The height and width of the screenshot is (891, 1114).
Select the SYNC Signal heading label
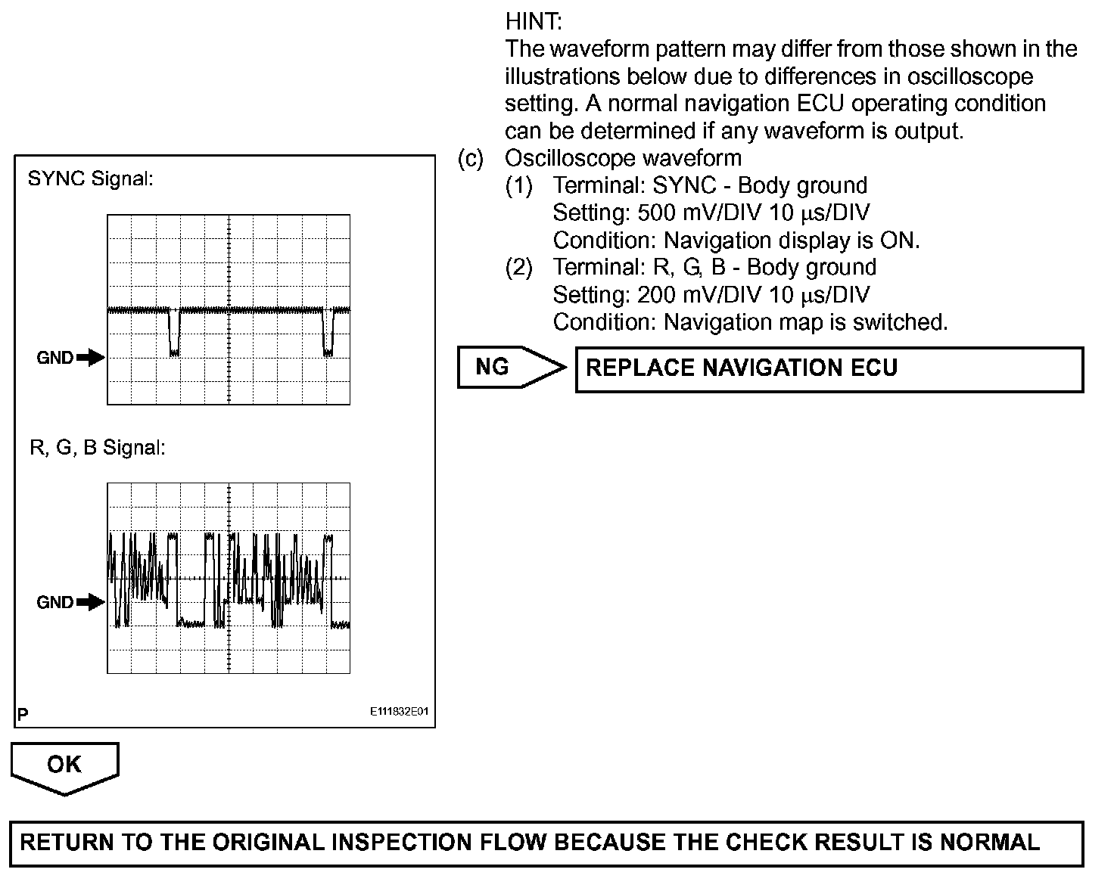(90, 179)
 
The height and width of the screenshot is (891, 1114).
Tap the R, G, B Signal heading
(97, 448)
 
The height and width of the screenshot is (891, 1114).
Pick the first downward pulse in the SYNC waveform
(174, 333)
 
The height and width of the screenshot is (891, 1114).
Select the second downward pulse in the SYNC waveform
(328, 333)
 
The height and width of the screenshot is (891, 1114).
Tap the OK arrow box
(64, 765)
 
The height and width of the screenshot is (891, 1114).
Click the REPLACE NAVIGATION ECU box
(829, 369)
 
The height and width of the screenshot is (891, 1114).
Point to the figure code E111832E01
(400, 712)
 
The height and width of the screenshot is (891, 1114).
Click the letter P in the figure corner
(23, 714)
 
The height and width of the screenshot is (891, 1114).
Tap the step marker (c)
(471, 158)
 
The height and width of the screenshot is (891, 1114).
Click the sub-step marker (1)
(519, 185)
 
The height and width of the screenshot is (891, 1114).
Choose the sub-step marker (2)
(519, 267)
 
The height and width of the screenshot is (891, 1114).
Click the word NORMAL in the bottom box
(988, 843)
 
